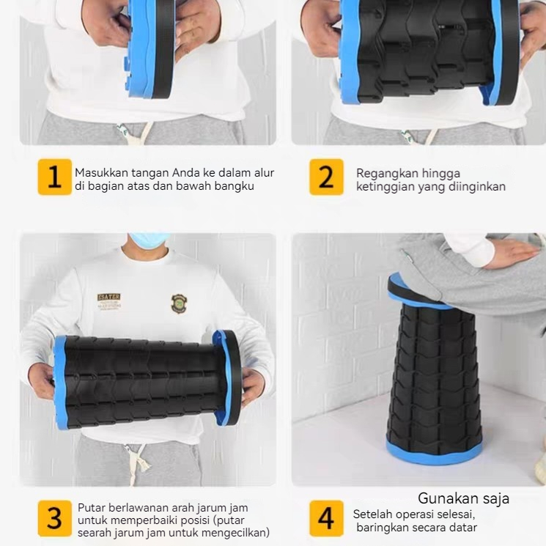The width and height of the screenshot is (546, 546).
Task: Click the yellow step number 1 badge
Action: pos(55,177)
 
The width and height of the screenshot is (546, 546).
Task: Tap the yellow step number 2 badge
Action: pos(326,177)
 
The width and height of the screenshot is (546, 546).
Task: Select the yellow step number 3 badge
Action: pos(55,518)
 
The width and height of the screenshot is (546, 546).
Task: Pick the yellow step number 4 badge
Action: pos(326,518)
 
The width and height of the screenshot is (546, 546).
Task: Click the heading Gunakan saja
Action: pos(463,498)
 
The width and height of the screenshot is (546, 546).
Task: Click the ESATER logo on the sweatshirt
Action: pos(109,301)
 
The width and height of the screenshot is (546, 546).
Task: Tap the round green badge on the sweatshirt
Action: pos(179,303)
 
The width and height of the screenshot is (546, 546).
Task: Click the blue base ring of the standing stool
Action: pos(434,452)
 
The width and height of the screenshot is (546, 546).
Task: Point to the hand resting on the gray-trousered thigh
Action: pos(509,254)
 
